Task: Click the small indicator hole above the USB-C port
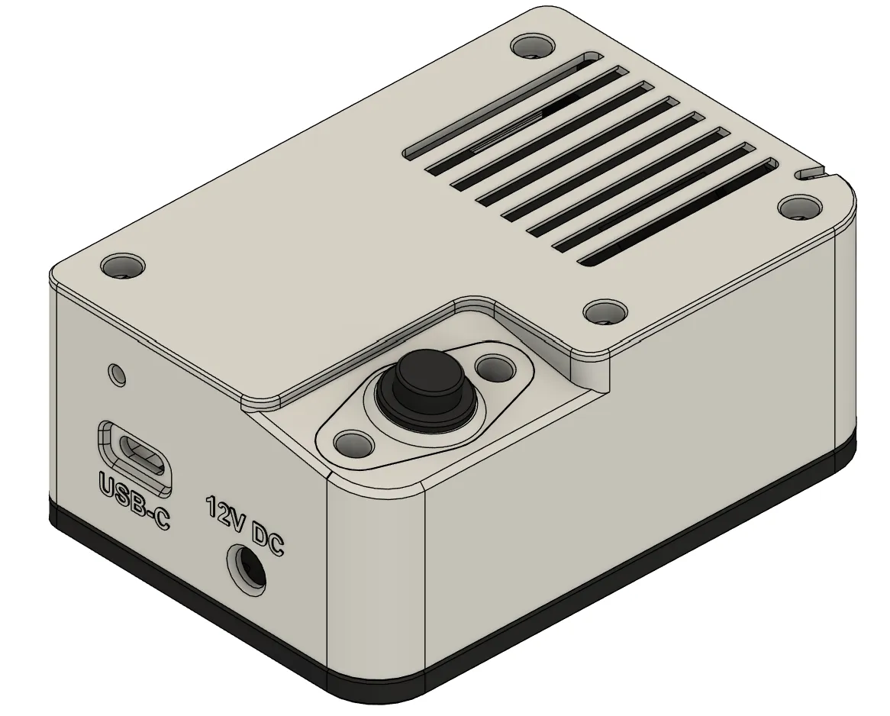pyautogui.click(x=117, y=374)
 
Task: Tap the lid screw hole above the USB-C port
pyautogui.click(x=122, y=266)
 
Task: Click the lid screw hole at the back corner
pyautogui.click(x=533, y=46)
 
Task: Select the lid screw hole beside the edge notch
pyautogui.click(x=799, y=206)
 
